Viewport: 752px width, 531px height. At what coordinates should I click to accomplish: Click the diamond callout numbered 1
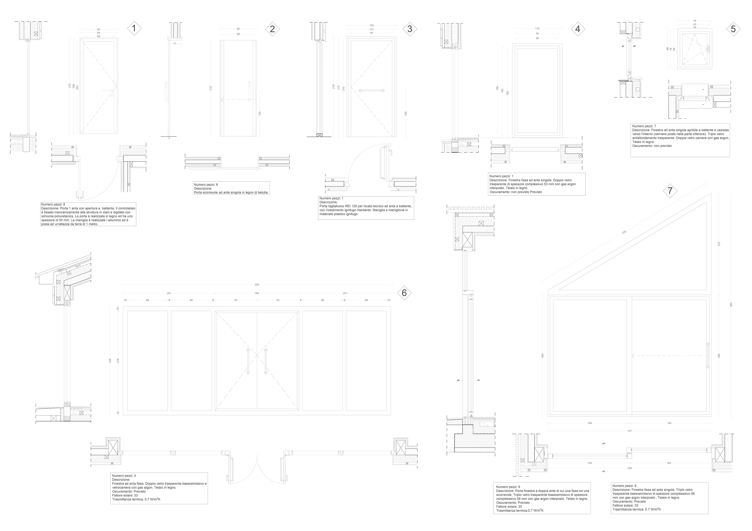click(x=134, y=28)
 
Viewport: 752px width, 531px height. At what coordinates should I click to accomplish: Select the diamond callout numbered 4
click(x=578, y=29)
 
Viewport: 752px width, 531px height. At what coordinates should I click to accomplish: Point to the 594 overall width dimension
click(x=257, y=285)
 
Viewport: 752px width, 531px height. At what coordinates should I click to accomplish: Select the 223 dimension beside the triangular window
click(x=719, y=244)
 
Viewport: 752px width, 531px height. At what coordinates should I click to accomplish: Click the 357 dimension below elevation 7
click(x=629, y=431)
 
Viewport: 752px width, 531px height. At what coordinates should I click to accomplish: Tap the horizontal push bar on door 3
click(x=371, y=90)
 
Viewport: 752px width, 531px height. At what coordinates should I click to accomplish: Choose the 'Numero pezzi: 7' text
click(x=644, y=126)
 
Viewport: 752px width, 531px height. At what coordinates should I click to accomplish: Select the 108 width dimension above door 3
click(x=371, y=25)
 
